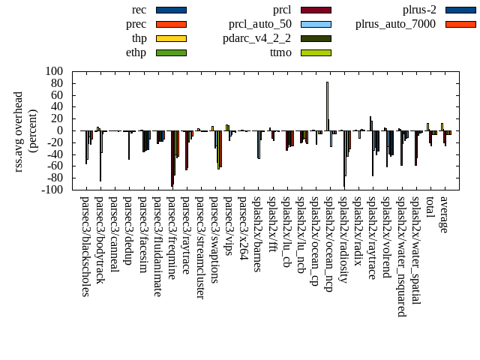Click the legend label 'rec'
tap(139, 10)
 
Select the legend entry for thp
tap(139, 38)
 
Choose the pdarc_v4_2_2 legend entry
tap(257, 38)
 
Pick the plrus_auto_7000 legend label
tap(394, 24)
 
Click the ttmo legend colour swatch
tap(316, 52)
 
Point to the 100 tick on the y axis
tap(54, 71)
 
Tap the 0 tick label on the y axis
tap(61, 130)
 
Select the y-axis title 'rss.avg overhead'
tap(19, 130)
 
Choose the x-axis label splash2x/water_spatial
tap(415, 250)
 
